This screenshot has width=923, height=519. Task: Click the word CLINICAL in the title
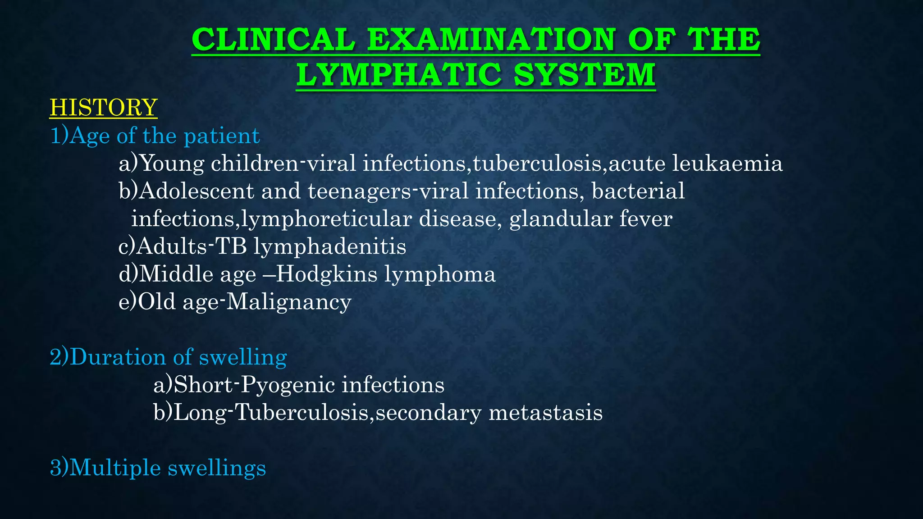[x=273, y=40]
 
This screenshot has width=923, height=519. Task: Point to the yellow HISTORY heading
[x=103, y=108]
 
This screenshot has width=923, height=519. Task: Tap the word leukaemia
[x=727, y=164]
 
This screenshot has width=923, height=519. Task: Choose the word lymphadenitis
[x=329, y=247]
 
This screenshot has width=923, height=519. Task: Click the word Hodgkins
[x=326, y=274]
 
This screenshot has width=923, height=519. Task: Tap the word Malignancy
[x=288, y=302]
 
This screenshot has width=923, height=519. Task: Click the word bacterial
[x=638, y=191]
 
